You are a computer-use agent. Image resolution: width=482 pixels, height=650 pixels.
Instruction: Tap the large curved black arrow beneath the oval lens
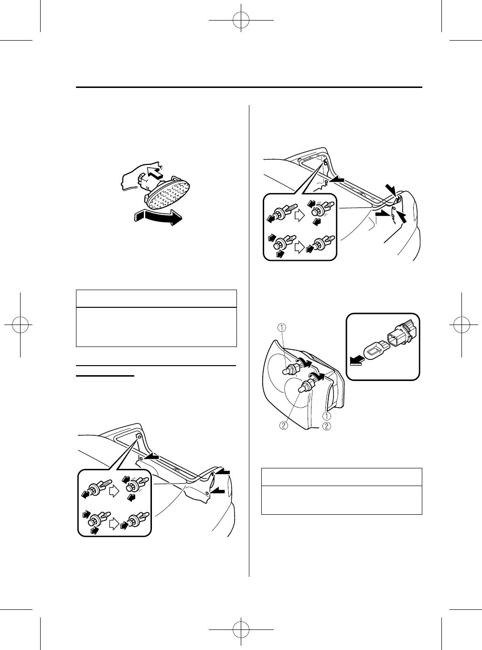[x=159, y=217]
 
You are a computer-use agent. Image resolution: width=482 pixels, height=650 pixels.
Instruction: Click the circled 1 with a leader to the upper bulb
[x=282, y=327]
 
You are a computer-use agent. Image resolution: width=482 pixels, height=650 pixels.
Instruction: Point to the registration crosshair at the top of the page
[x=241, y=20]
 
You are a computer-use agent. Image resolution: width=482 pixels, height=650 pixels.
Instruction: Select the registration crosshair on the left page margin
[x=20, y=325]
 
